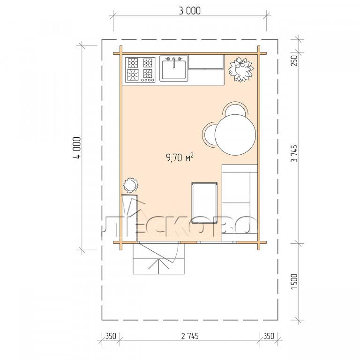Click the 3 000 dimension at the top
point(189,11)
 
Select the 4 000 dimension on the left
point(77,148)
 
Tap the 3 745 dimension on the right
point(294,153)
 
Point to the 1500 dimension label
point(294,281)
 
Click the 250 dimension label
point(294,60)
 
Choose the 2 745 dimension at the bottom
point(190,336)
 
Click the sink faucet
point(174,61)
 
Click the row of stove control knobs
point(148,80)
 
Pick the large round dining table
point(235,135)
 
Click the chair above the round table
point(236,109)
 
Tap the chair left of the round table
point(210,134)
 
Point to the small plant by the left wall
point(130,185)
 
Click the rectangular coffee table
point(204,202)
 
